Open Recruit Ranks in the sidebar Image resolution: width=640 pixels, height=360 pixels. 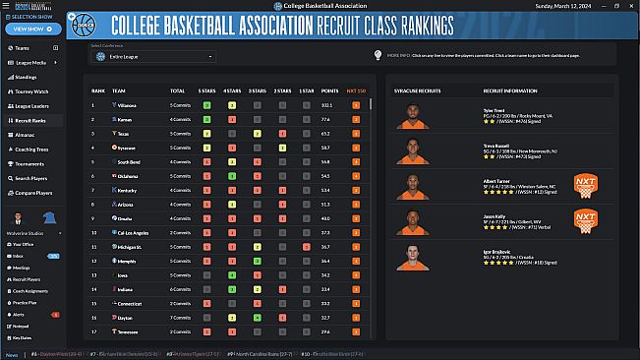[37, 120]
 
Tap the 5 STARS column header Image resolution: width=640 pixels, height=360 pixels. [207, 90]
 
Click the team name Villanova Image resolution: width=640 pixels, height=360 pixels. [129, 104]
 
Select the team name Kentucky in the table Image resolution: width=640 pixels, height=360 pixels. [128, 190]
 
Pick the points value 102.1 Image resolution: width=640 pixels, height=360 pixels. [326, 104]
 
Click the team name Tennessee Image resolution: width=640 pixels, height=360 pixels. [129, 332]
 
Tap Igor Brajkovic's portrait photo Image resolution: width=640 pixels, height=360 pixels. [413, 256]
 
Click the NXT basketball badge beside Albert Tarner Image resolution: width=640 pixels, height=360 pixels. [586, 186]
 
